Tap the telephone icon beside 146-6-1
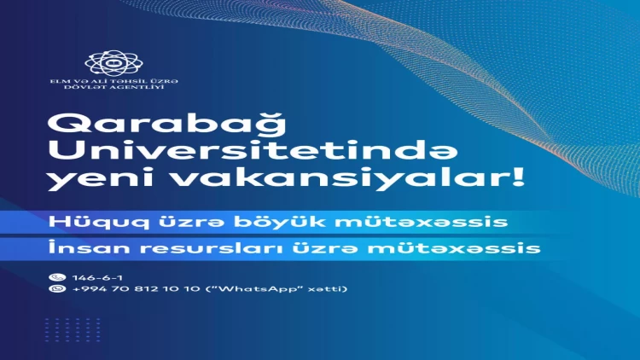tap(57, 277)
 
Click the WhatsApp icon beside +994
tap(57, 289)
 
